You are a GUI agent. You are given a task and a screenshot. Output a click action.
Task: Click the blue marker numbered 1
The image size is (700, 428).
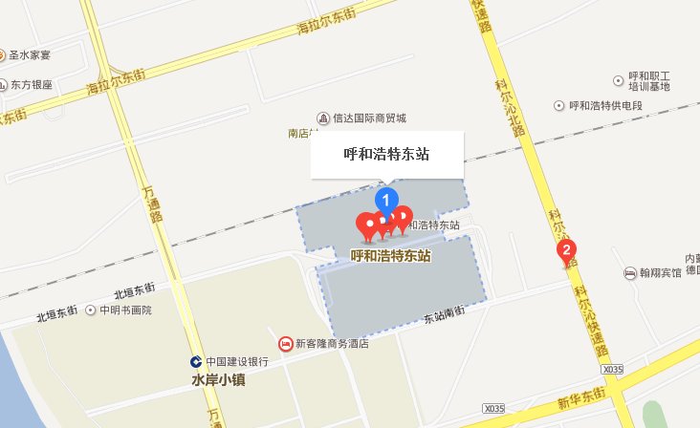386,201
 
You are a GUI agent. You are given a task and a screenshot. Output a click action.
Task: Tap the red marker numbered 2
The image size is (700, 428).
566,253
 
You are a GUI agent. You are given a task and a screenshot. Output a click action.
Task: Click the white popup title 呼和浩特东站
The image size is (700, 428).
386,154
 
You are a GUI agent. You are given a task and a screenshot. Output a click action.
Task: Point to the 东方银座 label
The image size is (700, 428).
33,84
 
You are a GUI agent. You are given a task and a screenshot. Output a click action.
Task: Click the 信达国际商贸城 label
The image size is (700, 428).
369,118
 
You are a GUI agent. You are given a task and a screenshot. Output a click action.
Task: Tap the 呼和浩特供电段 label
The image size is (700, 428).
612,105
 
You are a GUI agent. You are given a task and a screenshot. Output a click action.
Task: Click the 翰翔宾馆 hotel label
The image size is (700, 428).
661,273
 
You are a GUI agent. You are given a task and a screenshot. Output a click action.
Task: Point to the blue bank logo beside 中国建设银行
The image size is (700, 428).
195,362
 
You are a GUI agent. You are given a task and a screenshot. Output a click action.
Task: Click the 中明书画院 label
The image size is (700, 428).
126,310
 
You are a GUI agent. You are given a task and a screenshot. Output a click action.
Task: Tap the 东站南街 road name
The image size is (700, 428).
444,316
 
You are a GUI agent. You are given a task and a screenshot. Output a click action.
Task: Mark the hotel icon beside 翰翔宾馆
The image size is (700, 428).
630,273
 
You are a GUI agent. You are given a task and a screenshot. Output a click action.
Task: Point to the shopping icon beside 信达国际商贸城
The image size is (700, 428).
324,118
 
